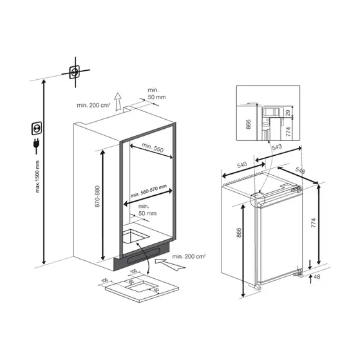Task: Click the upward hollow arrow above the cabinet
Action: coord(117,102)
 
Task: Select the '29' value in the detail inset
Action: coord(287,112)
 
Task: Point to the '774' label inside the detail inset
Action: coord(287,130)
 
